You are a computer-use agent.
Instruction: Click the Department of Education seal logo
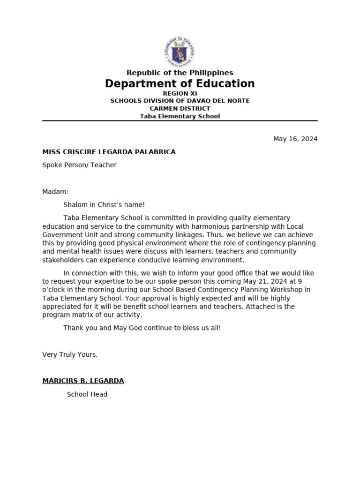coord(180,51)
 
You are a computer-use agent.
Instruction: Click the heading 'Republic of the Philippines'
coord(180,73)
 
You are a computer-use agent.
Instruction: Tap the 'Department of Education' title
coord(180,84)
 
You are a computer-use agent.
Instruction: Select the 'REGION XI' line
coord(180,93)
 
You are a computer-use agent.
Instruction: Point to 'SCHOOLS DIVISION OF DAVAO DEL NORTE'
coord(180,101)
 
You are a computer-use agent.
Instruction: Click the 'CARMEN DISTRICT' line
coord(180,108)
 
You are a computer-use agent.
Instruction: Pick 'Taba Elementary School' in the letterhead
coord(180,116)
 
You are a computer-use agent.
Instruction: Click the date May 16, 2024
coord(295,139)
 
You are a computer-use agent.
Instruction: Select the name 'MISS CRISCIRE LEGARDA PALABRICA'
coord(109,152)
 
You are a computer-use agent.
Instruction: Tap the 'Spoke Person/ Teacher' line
coord(79,165)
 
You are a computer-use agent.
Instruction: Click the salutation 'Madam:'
coord(55,192)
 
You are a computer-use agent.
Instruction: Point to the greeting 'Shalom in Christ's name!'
coord(104,205)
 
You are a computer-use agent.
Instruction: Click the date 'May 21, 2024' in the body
coord(264,281)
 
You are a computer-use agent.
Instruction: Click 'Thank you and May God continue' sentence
coord(142,328)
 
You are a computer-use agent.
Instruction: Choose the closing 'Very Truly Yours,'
coord(70,354)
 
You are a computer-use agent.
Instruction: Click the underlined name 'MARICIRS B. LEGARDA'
coord(83,381)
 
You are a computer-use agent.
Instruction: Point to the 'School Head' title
coord(87,394)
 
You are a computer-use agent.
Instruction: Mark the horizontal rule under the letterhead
coord(180,121)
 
